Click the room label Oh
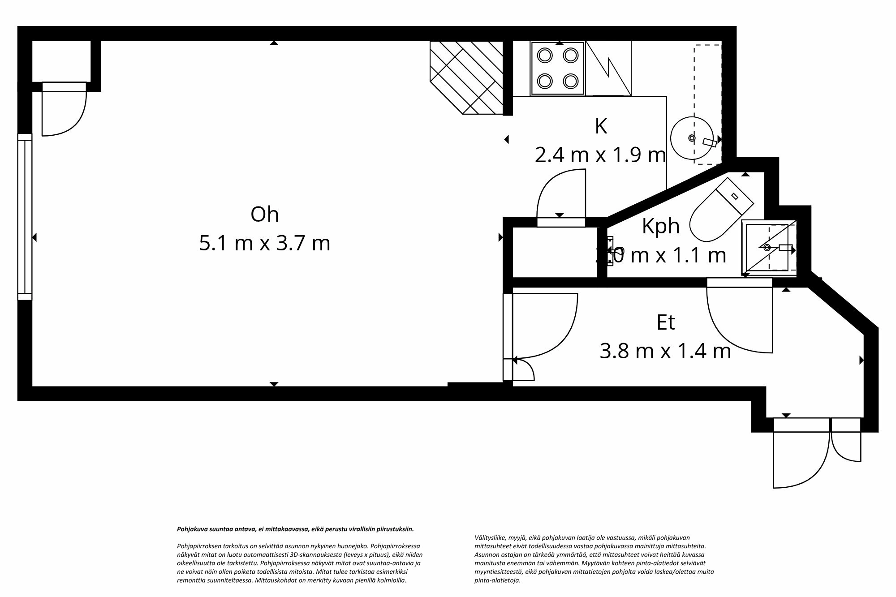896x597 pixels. point(264,215)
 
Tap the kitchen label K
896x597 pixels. point(601,127)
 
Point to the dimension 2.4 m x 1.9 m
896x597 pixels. point(600,155)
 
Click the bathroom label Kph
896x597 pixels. point(661,226)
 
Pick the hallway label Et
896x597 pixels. point(665,322)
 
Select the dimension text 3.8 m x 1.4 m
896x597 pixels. point(665,352)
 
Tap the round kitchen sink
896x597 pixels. point(693,138)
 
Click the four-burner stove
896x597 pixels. point(558,69)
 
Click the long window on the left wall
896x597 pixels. point(25,217)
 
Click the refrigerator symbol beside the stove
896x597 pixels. point(608,69)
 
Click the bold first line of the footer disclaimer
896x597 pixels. point(296,529)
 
